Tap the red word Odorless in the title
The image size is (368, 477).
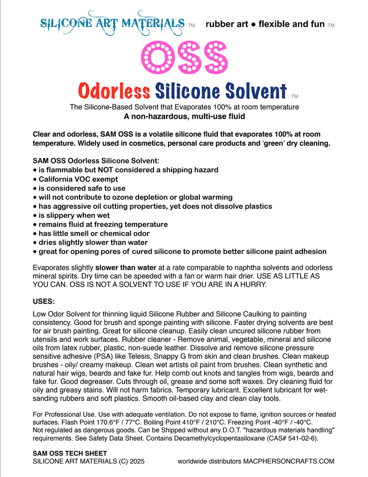tap(114, 90)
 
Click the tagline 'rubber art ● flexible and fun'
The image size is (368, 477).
tap(265, 24)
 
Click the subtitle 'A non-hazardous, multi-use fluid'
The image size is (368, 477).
tap(184, 116)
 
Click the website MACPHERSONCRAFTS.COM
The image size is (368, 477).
tap(288, 461)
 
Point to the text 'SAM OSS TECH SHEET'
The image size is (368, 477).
tap(70, 453)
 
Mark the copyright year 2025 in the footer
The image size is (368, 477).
tap(135, 461)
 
